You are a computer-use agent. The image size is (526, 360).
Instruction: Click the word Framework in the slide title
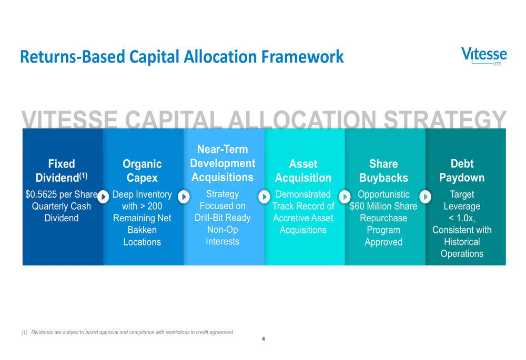point(302,57)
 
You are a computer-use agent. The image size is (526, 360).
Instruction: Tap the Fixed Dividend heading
point(62,171)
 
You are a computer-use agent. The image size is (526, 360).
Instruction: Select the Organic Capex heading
point(142,171)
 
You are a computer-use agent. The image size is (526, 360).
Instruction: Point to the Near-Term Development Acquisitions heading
point(222,163)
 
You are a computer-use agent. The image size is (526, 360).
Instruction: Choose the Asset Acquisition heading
point(303,171)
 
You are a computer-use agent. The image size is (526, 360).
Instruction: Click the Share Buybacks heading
point(383,171)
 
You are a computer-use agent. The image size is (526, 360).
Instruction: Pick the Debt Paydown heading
point(462,171)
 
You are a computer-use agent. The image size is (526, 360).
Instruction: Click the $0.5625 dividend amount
point(39,194)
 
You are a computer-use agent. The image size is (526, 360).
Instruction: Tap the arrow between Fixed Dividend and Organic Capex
point(103,197)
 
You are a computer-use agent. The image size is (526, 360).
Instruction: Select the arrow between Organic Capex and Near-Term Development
point(184,197)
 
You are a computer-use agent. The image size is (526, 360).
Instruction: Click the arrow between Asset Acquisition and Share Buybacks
point(345,197)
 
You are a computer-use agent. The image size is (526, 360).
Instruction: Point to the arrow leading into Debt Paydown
point(426,197)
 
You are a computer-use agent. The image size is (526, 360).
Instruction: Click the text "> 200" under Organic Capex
point(151,206)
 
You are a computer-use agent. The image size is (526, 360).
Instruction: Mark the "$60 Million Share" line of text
point(383,206)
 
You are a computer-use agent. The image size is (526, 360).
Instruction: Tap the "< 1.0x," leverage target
point(462,218)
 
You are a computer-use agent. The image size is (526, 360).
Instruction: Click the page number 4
point(264,339)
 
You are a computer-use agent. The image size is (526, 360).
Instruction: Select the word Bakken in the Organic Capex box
point(142,230)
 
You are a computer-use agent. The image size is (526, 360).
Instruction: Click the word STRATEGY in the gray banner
point(445,119)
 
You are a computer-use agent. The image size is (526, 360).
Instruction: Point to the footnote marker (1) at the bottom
point(25,333)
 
